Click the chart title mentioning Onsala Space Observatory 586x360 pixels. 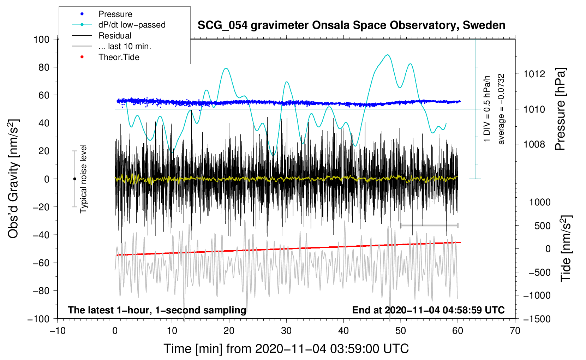(351, 25)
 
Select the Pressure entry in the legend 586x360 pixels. (115, 14)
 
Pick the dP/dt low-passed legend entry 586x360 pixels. (132, 25)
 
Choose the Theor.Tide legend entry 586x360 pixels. (119, 57)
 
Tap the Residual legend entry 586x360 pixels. (115, 36)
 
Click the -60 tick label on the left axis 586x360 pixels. (41, 263)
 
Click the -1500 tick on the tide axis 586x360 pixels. (537, 319)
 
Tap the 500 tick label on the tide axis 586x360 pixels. (542, 226)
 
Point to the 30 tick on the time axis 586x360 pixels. (286, 331)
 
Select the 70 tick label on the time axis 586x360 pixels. (515, 331)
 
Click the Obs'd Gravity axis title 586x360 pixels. (13, 179)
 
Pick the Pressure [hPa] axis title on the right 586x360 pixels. (560, 109)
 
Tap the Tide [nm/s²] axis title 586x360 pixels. (566, 248)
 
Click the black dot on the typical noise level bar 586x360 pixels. (74, 179)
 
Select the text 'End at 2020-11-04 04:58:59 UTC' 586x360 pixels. (428, 310)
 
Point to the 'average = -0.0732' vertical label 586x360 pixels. (501, 109)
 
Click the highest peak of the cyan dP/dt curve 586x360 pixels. (388, 55)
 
